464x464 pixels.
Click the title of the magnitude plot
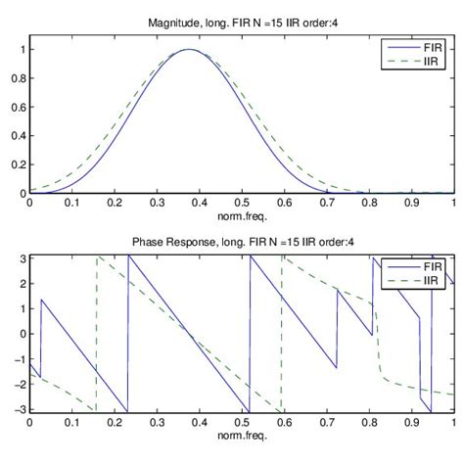(241, 22)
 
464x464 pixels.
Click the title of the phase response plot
(241, 241)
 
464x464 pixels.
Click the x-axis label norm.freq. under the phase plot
(241, 434)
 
